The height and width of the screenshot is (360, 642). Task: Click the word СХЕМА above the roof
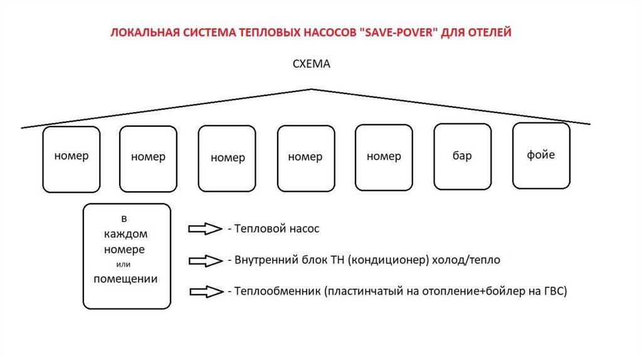point(311,64)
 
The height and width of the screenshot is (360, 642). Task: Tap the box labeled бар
point(462,157)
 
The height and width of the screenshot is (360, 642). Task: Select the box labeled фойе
point(541,155)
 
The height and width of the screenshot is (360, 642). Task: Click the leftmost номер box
point(71,159)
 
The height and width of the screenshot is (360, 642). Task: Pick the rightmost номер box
point(384,157)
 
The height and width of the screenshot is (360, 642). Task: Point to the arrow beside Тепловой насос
point(206,229)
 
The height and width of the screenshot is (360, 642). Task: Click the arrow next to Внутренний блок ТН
point(206,260)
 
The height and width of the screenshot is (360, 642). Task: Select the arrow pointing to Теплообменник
point(206,291)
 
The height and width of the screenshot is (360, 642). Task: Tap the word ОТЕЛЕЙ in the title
point(489,33)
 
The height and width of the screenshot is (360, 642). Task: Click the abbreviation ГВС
point(554,291)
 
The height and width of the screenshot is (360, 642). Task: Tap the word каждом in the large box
point(126,234)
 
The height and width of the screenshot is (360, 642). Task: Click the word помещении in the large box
point(126,278)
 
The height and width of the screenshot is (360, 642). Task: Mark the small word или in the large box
point(126,264)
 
